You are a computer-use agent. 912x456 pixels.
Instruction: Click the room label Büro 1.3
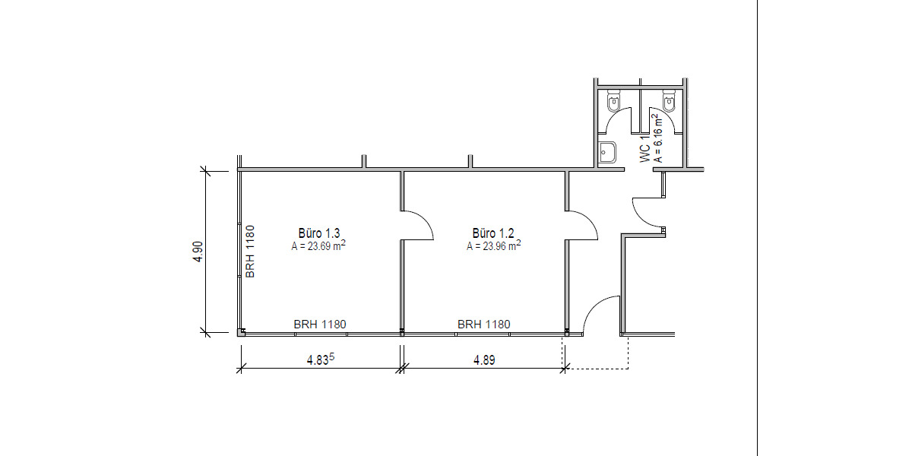[x=318, y=233]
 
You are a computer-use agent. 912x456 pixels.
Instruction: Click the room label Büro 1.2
[x=493, y=233]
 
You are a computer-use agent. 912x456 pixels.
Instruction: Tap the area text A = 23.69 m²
[x=318, y=245]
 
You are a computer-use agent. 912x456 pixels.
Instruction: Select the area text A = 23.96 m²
[x=493, y=245]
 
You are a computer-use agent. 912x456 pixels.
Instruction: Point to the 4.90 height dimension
[x=198, y=252]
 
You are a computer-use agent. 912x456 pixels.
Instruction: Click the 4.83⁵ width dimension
[x=321, y=359]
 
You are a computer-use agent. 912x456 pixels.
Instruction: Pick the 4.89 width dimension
[x=484, y=360]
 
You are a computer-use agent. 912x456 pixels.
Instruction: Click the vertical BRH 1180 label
[x=250, y=252]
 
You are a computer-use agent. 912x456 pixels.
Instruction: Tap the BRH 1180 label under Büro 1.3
[x=320, y=324]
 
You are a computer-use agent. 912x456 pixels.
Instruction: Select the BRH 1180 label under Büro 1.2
[x=483, y=324]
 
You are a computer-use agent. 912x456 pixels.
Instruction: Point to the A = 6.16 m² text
[x=657, y=138]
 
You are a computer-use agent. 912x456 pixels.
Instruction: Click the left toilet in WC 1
[x=613, y=100]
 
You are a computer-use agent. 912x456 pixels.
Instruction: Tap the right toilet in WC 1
[x=669, y=100]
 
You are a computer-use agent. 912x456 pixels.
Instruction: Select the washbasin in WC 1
[x=607, y=152]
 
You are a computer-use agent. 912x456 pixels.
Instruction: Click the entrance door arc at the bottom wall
[x=593, y=306]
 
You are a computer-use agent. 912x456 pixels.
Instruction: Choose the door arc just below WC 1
[x=641, y=218]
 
